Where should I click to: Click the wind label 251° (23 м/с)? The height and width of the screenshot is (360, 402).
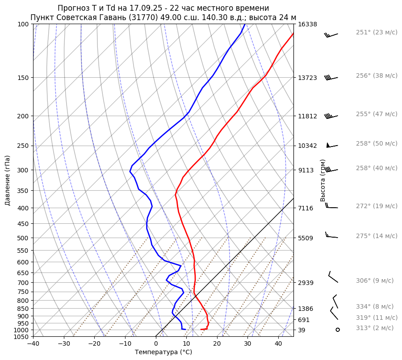[x=377, y=33]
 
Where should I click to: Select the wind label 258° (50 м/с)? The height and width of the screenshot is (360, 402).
[x=377, y=144]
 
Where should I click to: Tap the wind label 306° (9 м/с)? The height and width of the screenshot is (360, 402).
[x=375, y=281]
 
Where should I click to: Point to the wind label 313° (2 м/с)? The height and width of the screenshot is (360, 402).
[x=375, y=328]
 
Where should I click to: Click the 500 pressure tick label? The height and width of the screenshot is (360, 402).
[x=23, y=238]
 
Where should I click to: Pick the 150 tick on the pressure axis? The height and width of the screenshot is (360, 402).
[x=23, y=78]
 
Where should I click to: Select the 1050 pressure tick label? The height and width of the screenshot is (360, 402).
[x=21, y=337]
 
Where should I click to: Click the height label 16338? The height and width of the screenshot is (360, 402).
[x=307, y=24]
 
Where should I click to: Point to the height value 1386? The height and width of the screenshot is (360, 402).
[x=306, y=309]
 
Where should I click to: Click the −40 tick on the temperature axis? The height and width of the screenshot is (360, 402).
[x=33, y=344]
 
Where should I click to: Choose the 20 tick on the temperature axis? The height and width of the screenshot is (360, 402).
[x=217, y=344]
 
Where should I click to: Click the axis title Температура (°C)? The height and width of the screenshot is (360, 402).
[x=163, y=352]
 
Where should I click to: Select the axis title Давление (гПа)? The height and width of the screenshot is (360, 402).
[x=8, y=180]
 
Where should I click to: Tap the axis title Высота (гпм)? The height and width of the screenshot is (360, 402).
[x=323, y=180]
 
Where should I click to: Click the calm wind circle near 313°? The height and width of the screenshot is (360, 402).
[x=338, y=330]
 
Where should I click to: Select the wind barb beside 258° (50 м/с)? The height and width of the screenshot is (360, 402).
[x=332, y=145]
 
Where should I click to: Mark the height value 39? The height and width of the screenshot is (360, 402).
[x=302, y=330]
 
